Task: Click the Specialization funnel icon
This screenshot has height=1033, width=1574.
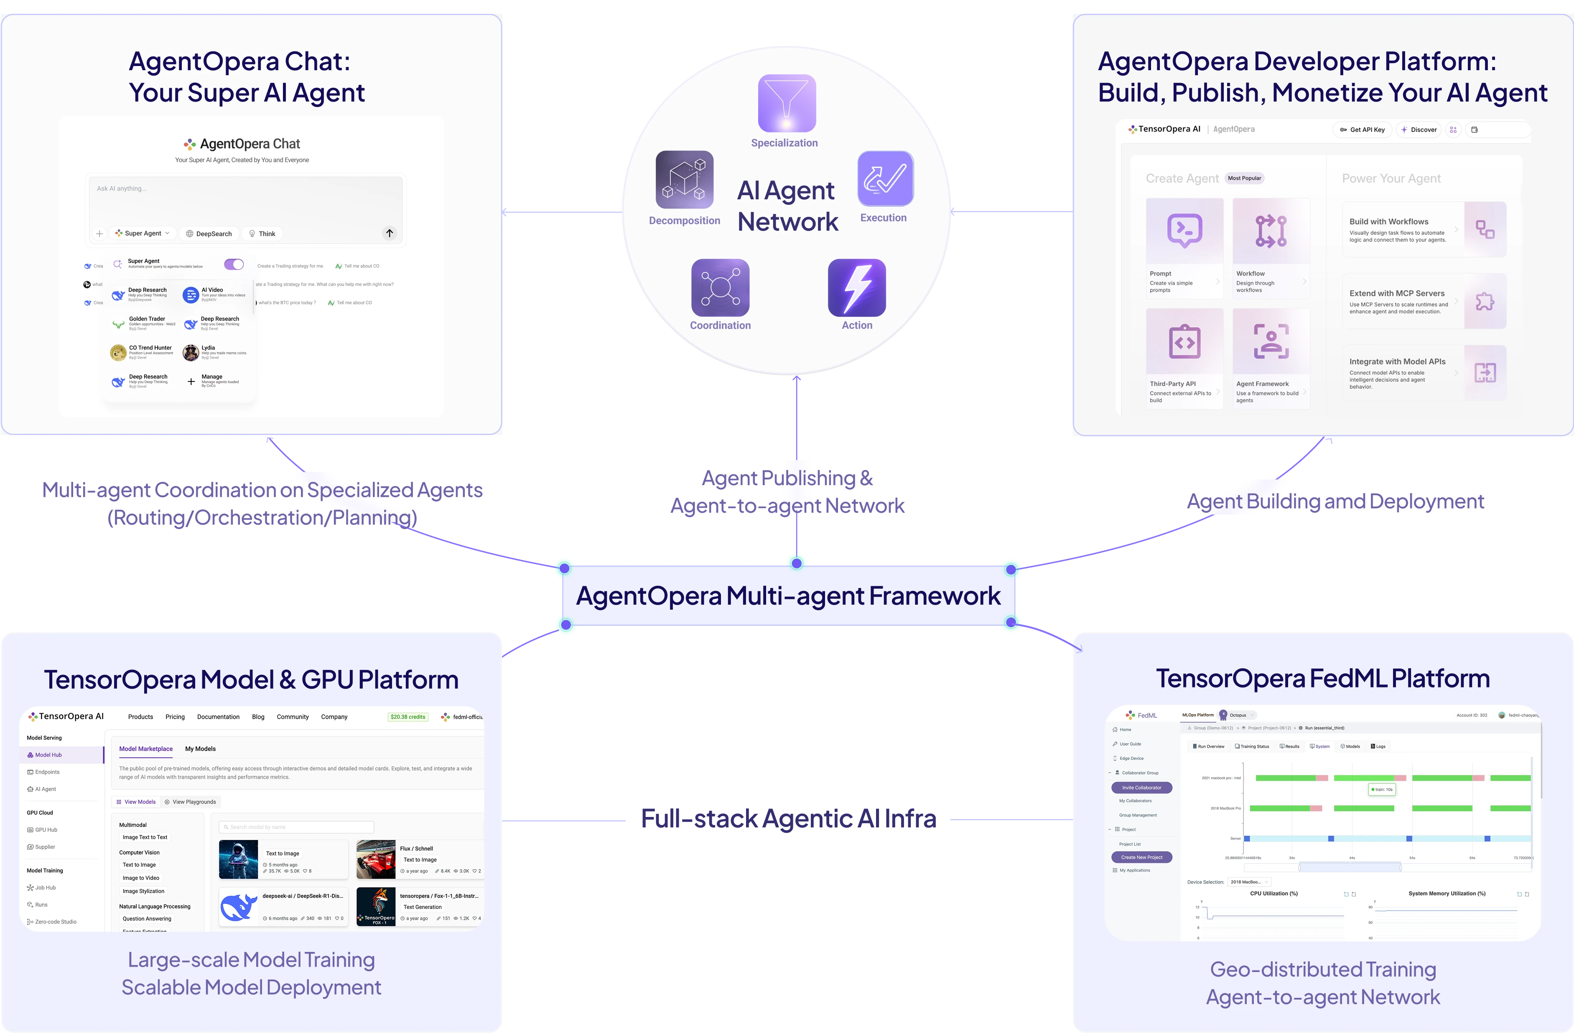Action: pyautogui.click(x=786, y=103)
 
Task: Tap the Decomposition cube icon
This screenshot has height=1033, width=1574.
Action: pyautogui.click(x=685, y=179)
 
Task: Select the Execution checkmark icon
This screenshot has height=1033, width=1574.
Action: pyautogui.click(x=885, y=178)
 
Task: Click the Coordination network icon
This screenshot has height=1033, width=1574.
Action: pyautogui.click(x=720, y=288)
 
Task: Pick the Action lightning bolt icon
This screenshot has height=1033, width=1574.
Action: pyautogui.click(x=856, y=288)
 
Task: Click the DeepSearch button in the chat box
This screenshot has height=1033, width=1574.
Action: pyautogui.click(x=209, y=234)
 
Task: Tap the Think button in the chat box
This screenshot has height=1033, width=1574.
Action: pyautogui.click(x=262, y=234)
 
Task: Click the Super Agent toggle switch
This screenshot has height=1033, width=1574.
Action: pyautogui.click(x=234, y=265)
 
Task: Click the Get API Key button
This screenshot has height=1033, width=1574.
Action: pyautogui.click(x=1363, y=130)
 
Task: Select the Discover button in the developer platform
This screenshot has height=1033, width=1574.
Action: pyautogui.click(x=1419, y=130)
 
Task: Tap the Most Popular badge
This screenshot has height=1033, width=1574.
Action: pyautogui.click(x=1244, y=178)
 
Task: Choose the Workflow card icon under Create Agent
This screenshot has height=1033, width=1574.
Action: pyautogui.click(x=1271, y=231)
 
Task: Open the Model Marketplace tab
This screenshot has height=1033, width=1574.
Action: pyautogui.click(x=145, y=748)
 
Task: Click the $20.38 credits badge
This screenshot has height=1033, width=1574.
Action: pyautogui.click(x=408, y=717)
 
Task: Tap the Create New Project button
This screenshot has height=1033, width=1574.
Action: pyautogui.click(x=1141, y=857)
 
